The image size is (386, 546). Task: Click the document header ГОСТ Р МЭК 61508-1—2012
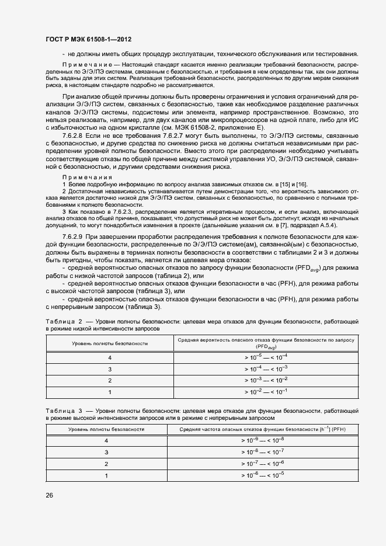point(88,39)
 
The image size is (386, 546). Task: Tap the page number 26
point(50,495)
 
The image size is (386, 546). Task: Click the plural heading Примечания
point(84,178)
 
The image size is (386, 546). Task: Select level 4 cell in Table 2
point(109,357)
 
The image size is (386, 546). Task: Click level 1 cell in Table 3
point(106,476)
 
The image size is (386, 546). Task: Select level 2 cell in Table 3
point(106,464)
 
